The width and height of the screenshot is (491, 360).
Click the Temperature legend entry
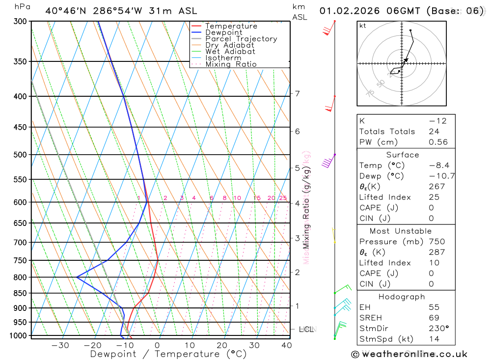[231, 26]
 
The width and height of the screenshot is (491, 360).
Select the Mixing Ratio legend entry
[231, 64]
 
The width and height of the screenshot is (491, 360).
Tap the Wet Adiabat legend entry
[230, 52]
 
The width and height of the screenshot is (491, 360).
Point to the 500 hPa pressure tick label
[20, 155]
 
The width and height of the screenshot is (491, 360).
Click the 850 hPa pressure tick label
[20, 293]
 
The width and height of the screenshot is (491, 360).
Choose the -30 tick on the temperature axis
[60, 345]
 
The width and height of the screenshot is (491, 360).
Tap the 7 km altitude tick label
[297, 94]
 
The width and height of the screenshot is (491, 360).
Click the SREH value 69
[434, 318]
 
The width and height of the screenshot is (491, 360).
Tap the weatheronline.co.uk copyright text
[409, 354]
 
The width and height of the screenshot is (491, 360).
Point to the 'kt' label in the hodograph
[363, 26]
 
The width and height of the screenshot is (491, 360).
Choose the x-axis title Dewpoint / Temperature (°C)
[168, 354]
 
